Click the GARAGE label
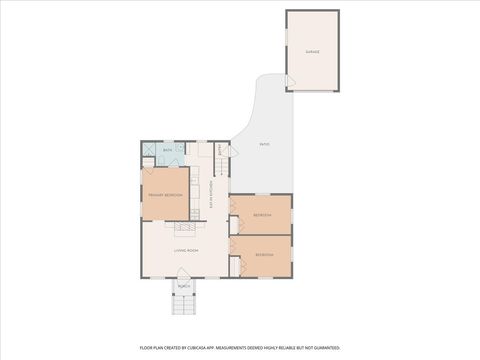pos(312,51)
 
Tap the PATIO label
pos(264,144)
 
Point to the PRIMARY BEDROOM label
pos(164,195)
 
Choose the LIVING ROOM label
pos(186,250)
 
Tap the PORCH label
pos(184,286)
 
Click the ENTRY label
pos(221,151)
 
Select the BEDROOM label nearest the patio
pos(262,215)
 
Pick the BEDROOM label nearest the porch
pos(264,255)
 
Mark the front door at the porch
pos(184,275)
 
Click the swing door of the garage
pos(291,83)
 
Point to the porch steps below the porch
pos(184,304)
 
